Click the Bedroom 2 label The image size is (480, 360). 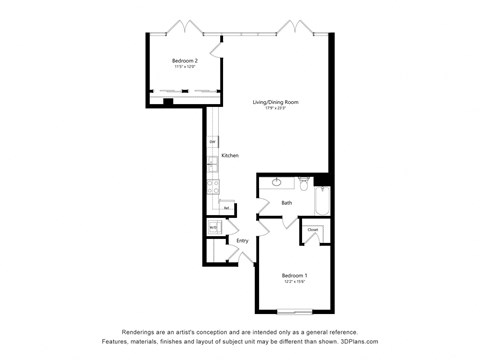point(184,62)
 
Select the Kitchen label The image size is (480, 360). point(230,156)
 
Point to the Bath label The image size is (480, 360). point(287,203)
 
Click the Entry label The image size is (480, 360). point(242,240)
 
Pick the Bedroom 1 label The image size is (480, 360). point(293,275)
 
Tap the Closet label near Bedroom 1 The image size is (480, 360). point(313,230)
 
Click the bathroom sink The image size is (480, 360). point(277,183)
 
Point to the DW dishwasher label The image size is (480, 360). point(213,143)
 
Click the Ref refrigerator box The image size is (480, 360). point(227,207)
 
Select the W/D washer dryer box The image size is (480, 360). point(213,228)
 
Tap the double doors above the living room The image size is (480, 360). point(297,26)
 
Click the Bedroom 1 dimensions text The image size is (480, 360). point(293,282)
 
